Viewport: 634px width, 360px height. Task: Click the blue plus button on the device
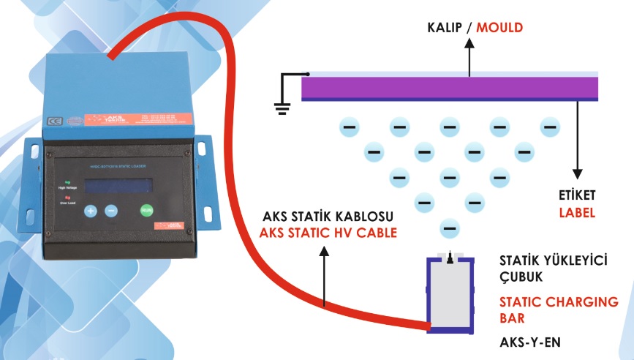pos(91,211)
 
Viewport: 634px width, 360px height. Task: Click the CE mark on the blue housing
pos(53,122)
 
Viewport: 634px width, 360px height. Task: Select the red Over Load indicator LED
pos(67,196)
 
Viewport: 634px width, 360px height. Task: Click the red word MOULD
pos(500,29)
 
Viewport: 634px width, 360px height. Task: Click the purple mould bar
pos(450,88)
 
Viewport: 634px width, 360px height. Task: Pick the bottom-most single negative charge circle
pos(450,228)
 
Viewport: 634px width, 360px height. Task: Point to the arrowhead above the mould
pos(469,43)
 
